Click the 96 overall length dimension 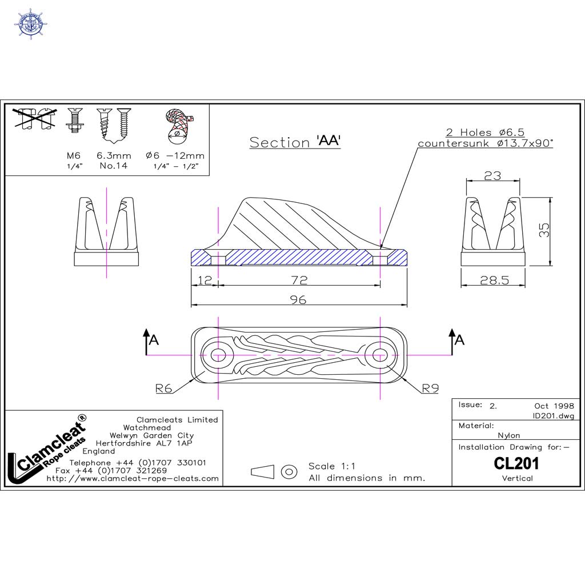click(x=298, y=299)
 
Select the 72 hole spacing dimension click(x=299, y=280)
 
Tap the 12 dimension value click(x=205, y=280)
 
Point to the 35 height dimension click(x=544, y=230)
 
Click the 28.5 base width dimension click(x=494, y=280)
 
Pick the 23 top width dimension click(x=492, y=176)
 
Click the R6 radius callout click(x=163, y=388)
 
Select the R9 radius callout click(x=430, y=388)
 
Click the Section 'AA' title click(x=295, y=142)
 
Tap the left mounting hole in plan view click(x=218, y=355)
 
